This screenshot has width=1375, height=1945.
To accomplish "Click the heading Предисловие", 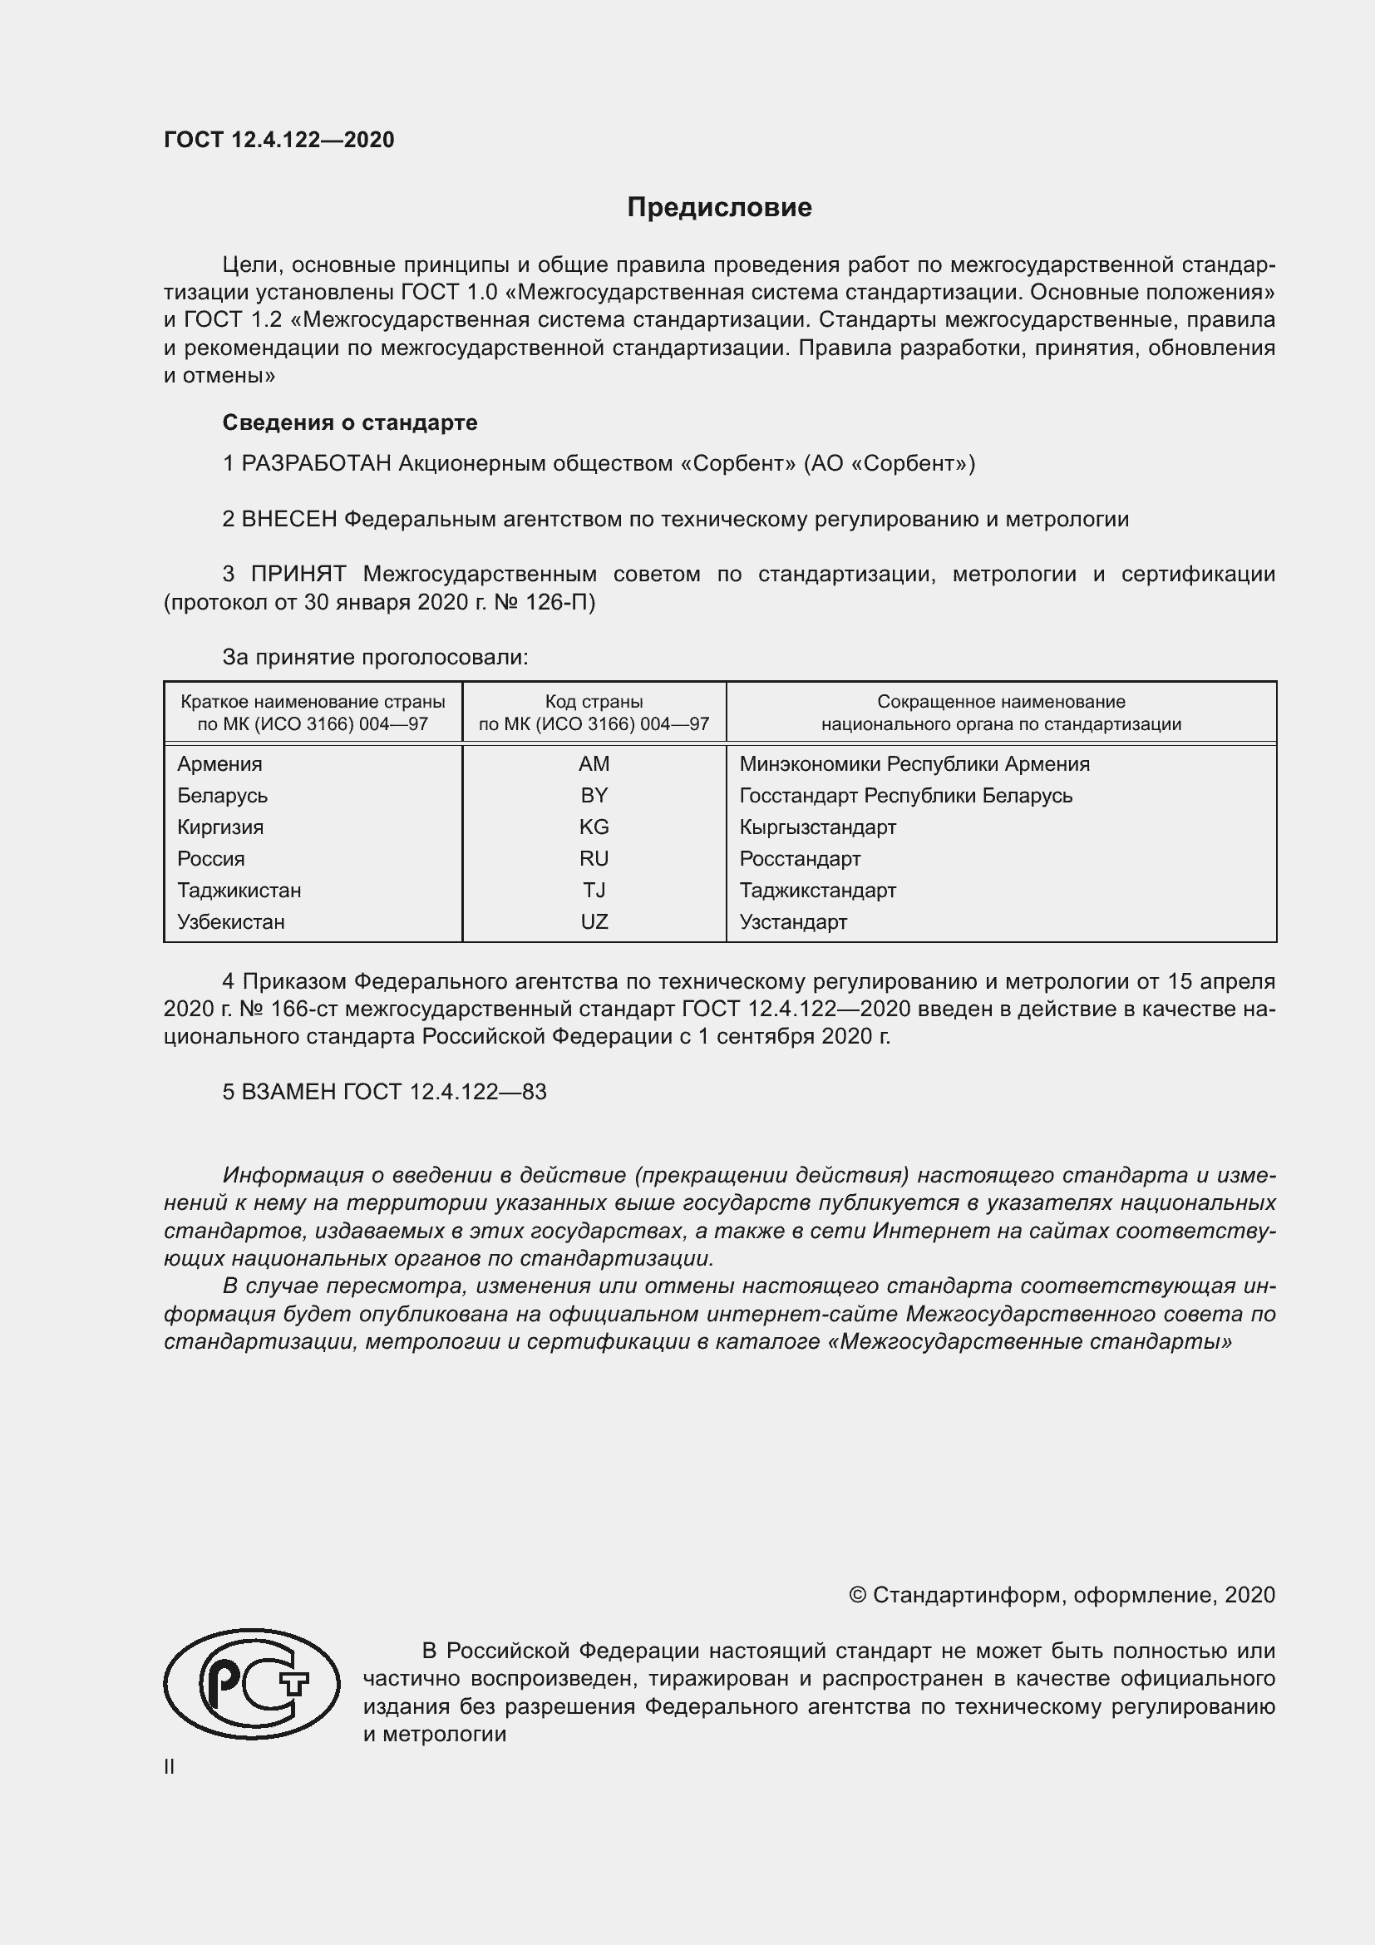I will click(719, 208).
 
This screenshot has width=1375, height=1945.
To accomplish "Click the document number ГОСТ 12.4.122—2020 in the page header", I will click(278, 140).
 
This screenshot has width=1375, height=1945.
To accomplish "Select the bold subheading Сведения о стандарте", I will click(350, 422).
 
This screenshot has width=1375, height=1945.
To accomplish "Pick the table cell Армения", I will click(219, 764).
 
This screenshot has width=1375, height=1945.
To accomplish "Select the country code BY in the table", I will click(594, 796).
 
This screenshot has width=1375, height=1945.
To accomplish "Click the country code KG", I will click(594, 827).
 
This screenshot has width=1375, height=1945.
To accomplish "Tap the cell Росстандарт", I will click(799, 859).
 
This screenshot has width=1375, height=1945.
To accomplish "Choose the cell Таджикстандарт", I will click(817, 891).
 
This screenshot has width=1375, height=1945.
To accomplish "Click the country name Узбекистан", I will click(230, 921).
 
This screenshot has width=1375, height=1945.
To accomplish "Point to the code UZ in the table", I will click(594, 921).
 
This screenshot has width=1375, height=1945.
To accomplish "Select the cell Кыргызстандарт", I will click(817, 827).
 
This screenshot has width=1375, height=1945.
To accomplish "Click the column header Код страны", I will click(594, 702).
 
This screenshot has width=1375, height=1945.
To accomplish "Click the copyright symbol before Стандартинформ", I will click(857, 1595).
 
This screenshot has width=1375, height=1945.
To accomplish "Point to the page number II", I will click(170, 1766).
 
